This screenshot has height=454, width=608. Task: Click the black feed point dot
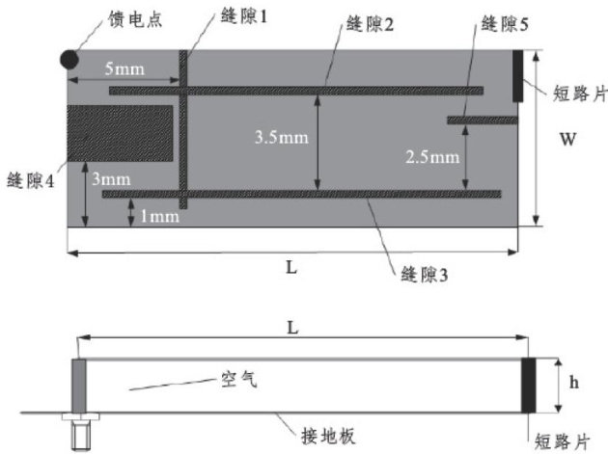pos(69,59)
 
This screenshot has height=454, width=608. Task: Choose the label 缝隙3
pos(426,275)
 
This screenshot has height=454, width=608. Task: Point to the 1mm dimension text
pos(159,217)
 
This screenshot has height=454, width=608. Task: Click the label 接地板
pos(331,436)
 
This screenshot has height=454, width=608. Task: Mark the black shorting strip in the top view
pos(518,75)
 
